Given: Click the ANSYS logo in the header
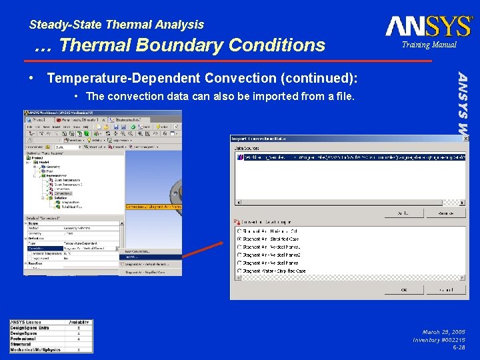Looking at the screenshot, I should (428, 27).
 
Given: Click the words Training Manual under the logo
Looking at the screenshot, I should (429, 45).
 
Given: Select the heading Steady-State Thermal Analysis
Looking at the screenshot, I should (117, 25).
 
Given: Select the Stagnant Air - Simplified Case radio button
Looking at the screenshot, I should (240, 239).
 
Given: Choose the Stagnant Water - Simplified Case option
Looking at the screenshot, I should (240, 271).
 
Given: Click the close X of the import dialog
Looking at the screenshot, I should (465, 138).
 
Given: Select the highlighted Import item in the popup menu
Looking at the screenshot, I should (150, 257).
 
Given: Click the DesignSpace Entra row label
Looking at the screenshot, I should (29, 328).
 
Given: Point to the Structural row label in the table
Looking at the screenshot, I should (23, 344).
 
